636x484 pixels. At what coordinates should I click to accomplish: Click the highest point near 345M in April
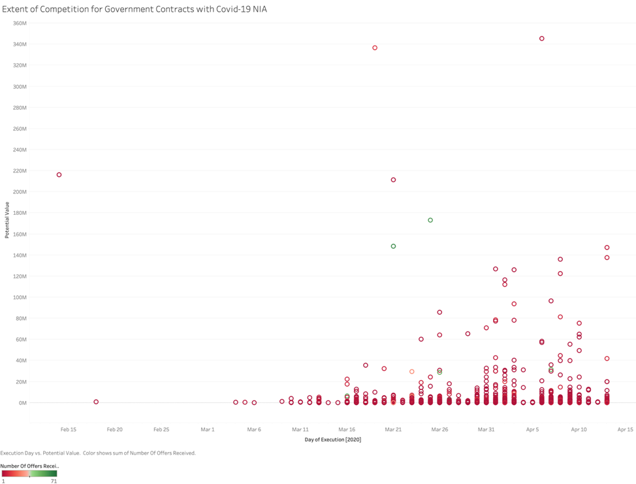pyautogui.click(x=542, y=39)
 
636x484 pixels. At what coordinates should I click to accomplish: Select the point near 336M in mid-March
pyautogui.click(x=375, y=48)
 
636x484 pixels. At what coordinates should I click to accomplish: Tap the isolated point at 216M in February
pyautogui.click(x=59, y=175)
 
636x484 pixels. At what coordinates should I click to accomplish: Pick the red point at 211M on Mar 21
pyautogui.click(x=393, y=180)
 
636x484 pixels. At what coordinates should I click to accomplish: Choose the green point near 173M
pyautogui.click(x=430, y=220)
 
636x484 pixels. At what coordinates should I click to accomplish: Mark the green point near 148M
pyautogui.click(x=393, y=246)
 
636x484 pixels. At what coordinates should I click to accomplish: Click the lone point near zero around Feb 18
pyautogui.click(x=96, y=402)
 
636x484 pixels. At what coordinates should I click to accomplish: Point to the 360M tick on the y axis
pyautogui.click(x=20, y=24)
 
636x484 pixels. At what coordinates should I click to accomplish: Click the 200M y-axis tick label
pyautogui.click(x=20, y=192)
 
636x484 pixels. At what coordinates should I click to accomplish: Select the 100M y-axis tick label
pyautogui.click(x=20, y=297)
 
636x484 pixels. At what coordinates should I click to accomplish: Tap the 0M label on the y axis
pyautogui.click(x=22, y=403)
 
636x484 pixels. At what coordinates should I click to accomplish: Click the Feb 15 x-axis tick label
pyautogui.click(x=69, y=429)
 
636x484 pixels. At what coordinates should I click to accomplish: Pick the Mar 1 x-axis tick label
pyautogui.click(x=208, y=429)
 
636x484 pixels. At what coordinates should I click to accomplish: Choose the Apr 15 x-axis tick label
pyautogui.click(x=626, y=429)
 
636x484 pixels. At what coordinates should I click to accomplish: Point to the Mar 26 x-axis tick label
pyautogui.click(x=440, y=429)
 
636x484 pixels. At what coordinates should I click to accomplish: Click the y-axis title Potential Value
pyautogui.click(x=7, y=219)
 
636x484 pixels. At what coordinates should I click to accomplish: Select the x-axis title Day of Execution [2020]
pyautogui.click(x=332, y=440)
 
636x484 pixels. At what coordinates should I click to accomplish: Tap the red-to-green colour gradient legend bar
pyautogui.click(x=29, y=474)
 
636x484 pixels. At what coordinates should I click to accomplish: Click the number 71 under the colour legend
pyautogui.click(x=54, y=481)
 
